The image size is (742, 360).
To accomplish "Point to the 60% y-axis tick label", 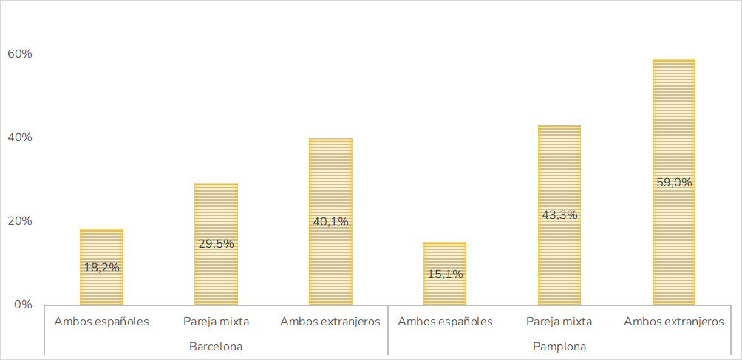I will point(20,54).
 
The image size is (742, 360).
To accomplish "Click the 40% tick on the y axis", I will point(20,137).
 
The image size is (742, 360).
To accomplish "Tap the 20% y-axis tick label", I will point(20,221).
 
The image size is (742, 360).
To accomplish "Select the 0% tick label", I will point(24,305).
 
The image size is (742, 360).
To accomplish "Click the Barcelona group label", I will point(216,346).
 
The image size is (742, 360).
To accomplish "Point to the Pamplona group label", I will point(559,346).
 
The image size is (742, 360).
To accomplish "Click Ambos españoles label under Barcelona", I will point(101,322).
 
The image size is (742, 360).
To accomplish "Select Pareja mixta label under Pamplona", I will point(559,322).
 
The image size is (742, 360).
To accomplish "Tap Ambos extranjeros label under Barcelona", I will point(330,322).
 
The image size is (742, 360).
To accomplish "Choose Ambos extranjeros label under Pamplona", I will point(674,322).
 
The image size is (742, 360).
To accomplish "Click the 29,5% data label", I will point(216,244).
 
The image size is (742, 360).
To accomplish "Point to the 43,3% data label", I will point(559,215).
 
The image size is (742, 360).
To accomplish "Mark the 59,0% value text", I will point(674,183).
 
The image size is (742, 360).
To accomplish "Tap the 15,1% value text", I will point(445,274).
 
